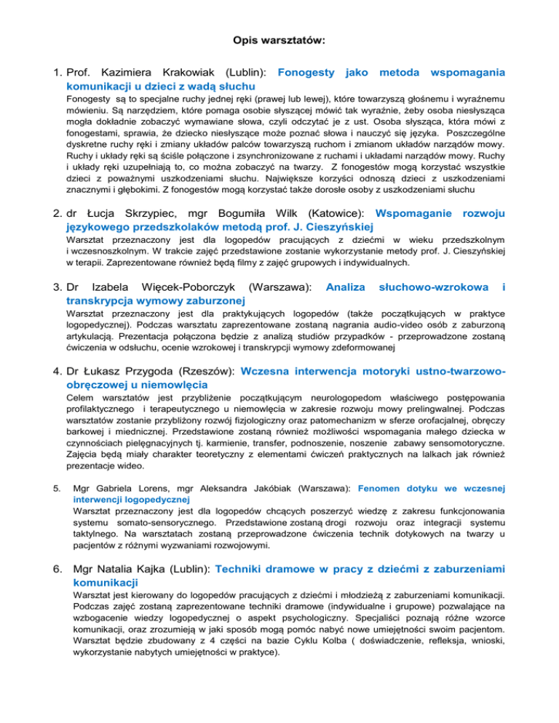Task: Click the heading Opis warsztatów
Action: click(x=279, y=42)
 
